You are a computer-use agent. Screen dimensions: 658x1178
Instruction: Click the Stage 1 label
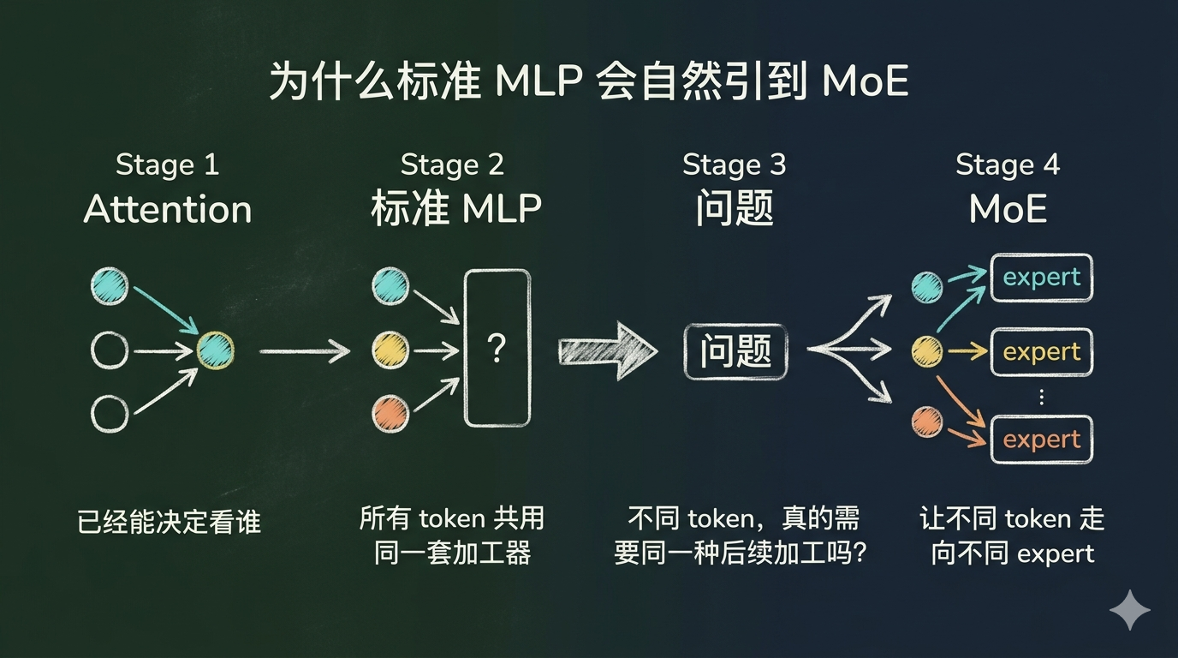pos(167,164)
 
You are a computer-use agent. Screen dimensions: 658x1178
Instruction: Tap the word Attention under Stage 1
pos(168,210)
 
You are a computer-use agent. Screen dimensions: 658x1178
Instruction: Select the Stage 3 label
pos(734,164)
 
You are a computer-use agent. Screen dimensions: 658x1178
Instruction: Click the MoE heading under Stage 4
pos(1008,210)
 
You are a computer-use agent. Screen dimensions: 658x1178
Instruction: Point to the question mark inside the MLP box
pos(496,349)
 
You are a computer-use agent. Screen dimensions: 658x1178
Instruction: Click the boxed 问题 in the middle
pos(735,351)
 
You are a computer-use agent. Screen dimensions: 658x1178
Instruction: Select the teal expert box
pos(1041,278)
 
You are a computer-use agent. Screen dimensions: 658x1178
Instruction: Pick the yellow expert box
pos(1041,352)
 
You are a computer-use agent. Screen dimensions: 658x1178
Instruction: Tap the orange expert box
pos(1041,440)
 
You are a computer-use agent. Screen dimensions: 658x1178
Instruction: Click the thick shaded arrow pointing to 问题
pos(607,350)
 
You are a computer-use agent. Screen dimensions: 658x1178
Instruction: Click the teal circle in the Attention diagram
pos(110,286)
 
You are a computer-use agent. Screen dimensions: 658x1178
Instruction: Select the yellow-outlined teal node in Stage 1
pos(215,350)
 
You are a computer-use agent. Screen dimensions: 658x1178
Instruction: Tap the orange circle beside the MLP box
pos(390,414)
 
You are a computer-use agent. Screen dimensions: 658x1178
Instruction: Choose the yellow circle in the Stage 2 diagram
pos(390,350)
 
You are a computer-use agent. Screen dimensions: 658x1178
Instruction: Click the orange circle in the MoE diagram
pos(926,422)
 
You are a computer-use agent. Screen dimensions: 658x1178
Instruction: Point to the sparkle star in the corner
pos(1129,610)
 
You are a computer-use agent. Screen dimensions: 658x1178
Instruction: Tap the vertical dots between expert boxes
pos(1041,396)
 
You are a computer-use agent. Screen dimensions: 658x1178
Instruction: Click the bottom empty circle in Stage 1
pos(110,414)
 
